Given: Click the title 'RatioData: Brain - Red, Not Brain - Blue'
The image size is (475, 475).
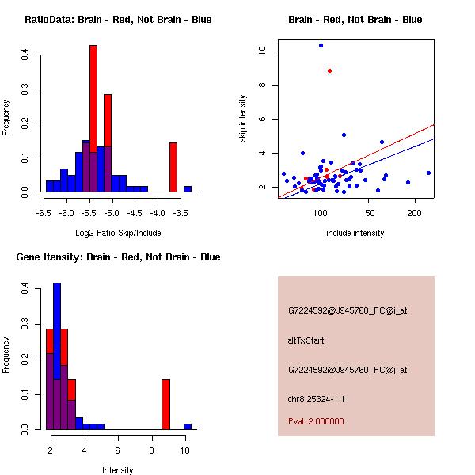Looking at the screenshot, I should coord(118,20).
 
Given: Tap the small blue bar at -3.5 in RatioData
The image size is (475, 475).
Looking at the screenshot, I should coord(188,189).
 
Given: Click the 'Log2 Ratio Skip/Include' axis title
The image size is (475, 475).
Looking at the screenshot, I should coord(118,233).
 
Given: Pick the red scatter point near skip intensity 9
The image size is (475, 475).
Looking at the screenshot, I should coord(329,71).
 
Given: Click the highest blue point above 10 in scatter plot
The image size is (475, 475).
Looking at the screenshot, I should coord(321,45).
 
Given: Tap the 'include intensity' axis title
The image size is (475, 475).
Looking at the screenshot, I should coord(355,233).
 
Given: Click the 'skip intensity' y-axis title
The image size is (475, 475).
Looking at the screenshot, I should coord(244,118).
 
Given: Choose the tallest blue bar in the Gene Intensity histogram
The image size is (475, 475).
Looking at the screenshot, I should coord(57,356).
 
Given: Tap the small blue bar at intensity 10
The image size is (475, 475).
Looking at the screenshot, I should coord(188,426).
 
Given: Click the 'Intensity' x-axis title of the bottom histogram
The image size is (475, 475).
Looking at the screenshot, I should coord(118,470).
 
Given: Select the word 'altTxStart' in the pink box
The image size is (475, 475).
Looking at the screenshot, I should coord(306,340).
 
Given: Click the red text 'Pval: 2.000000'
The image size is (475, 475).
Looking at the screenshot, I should coord(316,421).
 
